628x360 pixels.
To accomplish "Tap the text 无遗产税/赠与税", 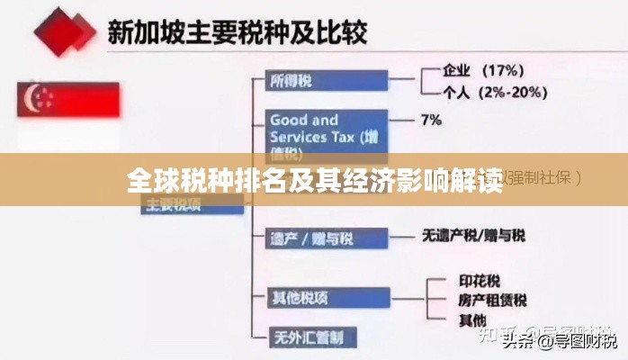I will point(473,236).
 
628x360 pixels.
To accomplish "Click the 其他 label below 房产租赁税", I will point(472,319).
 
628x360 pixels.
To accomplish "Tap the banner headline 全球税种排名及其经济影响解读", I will point(314,180).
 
